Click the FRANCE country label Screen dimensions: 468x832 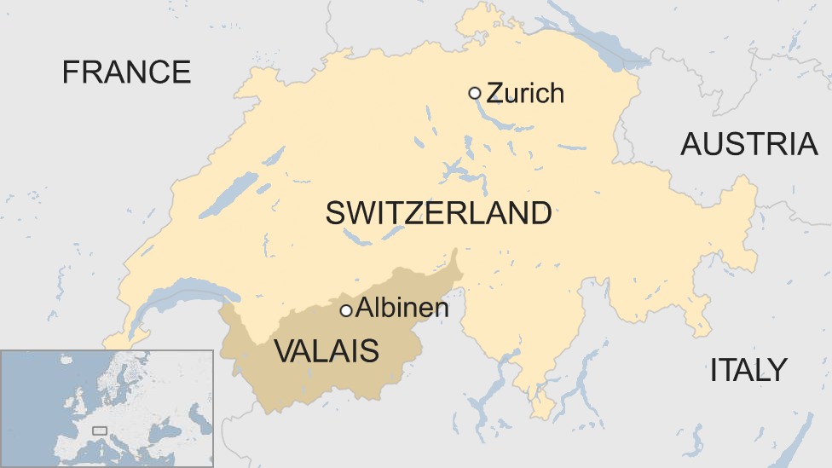126,72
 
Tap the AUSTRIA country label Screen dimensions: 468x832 748,145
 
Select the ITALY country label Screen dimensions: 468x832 748,370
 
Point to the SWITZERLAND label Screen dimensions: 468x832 438,213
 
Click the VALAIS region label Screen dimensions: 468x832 326,350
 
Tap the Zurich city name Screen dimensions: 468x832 525,92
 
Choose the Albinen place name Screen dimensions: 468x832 402,309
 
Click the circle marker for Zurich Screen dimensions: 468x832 475,93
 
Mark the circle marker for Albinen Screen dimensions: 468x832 346,311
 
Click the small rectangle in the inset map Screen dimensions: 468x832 100,431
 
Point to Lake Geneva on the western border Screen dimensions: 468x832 183,294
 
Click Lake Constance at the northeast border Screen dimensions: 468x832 597,38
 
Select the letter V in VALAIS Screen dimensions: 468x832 283,350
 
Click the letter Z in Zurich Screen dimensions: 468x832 494,92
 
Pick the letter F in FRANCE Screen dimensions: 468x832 71,72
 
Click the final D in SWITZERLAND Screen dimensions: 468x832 540,213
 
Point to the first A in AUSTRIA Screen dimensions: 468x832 691,145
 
